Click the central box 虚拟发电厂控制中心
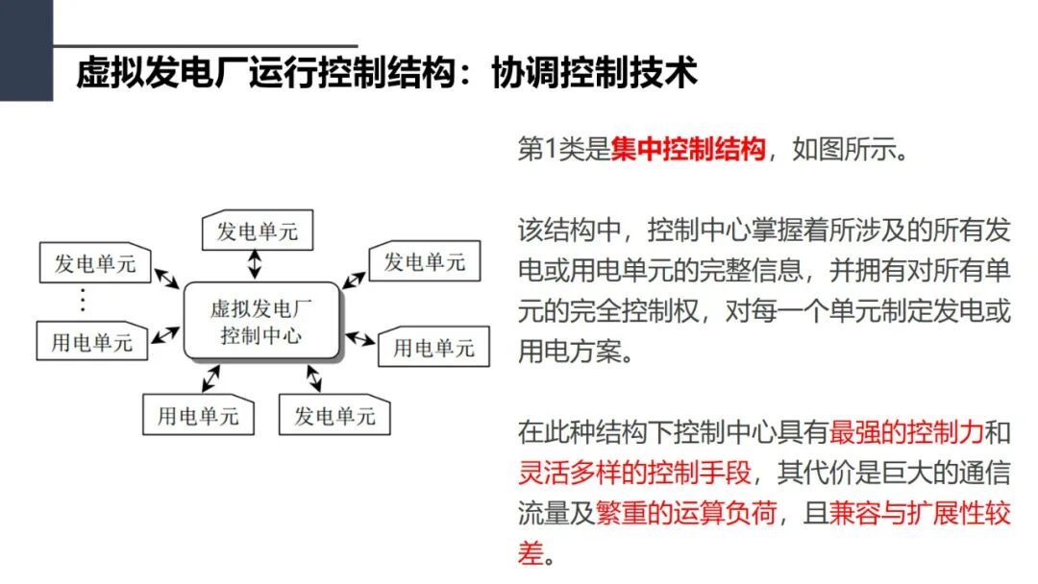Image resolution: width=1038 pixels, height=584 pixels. (261, 321)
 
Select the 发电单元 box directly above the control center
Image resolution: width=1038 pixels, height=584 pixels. (258, 231)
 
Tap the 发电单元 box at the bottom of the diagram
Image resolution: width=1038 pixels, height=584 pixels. (334, 416)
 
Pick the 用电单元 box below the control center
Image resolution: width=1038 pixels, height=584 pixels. (198, 416)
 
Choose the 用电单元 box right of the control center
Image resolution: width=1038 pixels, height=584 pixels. (433, 347)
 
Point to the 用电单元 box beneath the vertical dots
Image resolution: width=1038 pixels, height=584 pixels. (92, 342)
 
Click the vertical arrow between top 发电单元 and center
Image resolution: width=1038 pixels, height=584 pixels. (255, 263)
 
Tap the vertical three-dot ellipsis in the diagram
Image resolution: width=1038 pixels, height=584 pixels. (83, 301)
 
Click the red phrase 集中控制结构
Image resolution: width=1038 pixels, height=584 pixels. (688, 151)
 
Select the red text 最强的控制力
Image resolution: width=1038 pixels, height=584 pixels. (907, 432)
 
